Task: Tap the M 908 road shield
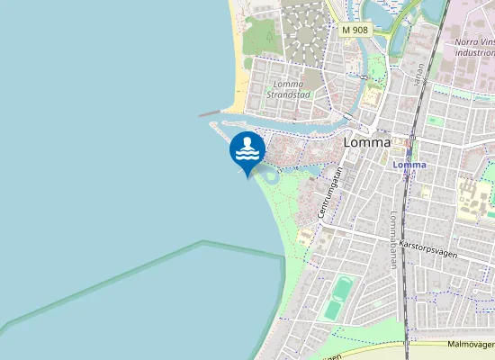pyautogui.click(x=355, y=30)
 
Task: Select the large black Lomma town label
pyautogui.click(x=367, y=142)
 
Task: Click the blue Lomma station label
pyautogui.click(x=409, y=165)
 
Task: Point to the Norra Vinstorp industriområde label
pyautogui.click(x=474, y=47)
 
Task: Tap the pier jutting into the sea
pyautogui.click(x=210, y=114)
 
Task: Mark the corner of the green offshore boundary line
pyautogui.click(x=203, y=242)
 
